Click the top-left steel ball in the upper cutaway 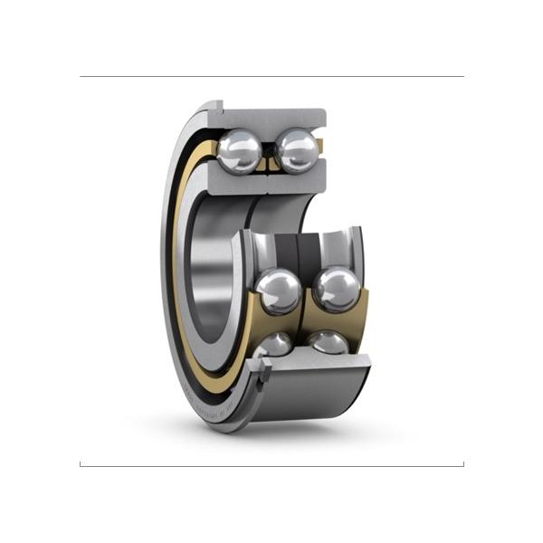point(240,150)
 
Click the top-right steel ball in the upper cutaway point(297,149)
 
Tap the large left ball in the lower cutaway point(278,291)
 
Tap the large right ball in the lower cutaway point(336,289)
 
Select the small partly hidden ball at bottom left point(274,344)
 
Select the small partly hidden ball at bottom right point(328,341)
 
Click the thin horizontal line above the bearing point(271,76)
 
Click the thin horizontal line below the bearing point(271,466)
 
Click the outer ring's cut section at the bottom point(317,363)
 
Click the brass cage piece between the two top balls point(269,161)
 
